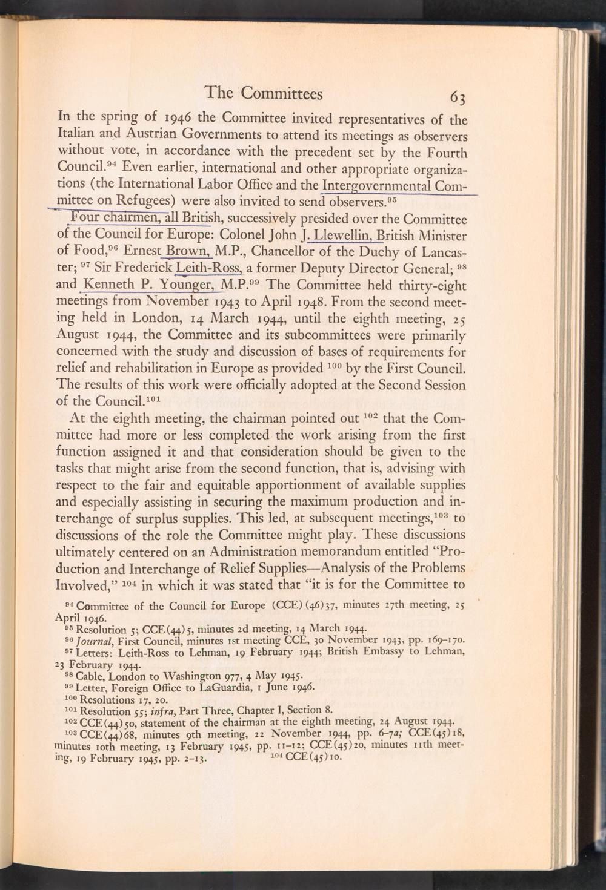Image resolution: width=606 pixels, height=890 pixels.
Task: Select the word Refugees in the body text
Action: pyautogui.click(x=149, y=200)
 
